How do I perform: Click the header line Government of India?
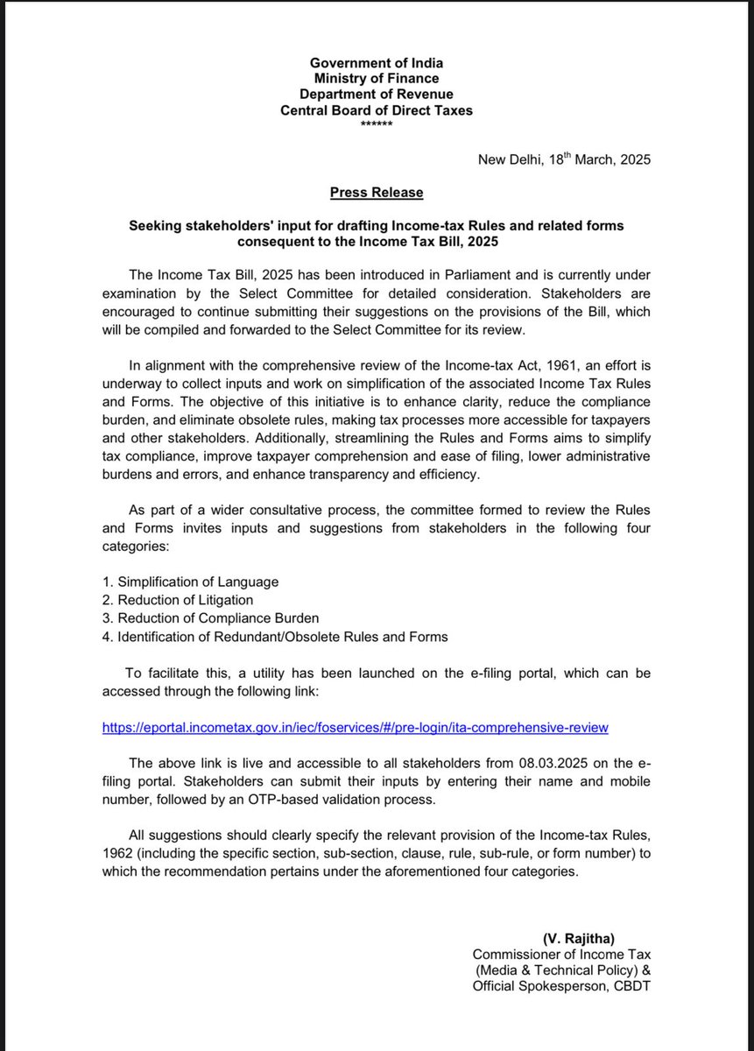pos(377,63)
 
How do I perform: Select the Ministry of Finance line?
pos(377,79)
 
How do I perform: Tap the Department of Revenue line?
pos(377,95)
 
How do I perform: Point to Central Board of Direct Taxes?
pos(377,110)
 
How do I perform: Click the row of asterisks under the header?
pos(377,124)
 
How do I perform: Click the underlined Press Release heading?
pos(377,192)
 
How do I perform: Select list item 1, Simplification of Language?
pos(190,582)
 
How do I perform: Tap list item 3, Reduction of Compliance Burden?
pos(211,618)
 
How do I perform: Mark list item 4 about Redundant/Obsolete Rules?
pos(275,637)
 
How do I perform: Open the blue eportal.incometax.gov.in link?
pos(355,727)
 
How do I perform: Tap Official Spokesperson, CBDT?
pos(561,987)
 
